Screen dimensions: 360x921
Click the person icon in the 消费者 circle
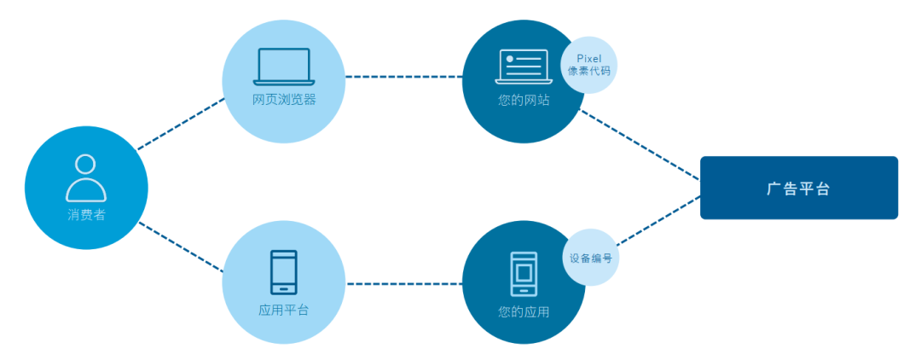pos(86,177)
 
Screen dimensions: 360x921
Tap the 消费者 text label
pos(86,215)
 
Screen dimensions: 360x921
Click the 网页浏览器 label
pos(284,100)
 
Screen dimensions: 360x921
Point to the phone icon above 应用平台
pos(284,271)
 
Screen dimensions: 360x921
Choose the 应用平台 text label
pos(284,310)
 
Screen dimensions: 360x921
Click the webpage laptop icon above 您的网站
pos(523,67)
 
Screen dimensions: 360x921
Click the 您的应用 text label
pos(524,312)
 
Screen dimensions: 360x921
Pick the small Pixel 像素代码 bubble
pos(589,64)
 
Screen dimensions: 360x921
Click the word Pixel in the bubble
pos(589,58)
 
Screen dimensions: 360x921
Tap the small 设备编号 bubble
pos(590,257)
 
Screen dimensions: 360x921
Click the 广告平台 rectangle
pos(799,188)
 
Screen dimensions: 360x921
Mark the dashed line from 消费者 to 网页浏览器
pos(181,124)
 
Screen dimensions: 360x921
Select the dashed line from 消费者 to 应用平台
pos(181,247)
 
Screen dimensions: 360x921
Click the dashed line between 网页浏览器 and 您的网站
pos(403,77)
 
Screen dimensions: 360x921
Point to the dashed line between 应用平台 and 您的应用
pos(403,282)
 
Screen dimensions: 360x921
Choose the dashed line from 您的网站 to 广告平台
pos(640,143)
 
